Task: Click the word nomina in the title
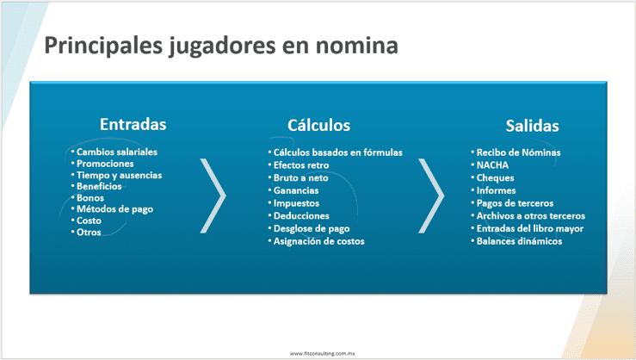(356, 45)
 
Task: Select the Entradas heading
(133, 124)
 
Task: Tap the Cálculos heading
(318, 125)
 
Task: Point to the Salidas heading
(532, 126)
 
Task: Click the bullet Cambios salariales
(117, 152)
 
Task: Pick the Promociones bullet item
(105, 164)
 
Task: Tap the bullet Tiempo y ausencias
(120, 176)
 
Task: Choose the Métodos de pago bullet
(114, 209)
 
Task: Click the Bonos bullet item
(90, 197)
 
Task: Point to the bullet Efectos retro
(301, 165)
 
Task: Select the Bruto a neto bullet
(300, 177)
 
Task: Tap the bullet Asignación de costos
(318, 241)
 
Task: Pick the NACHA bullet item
(492, 165)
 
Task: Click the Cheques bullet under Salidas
(495, 177)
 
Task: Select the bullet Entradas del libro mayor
(530, 228)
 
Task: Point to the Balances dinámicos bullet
(519, 241)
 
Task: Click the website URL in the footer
(322, 353)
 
